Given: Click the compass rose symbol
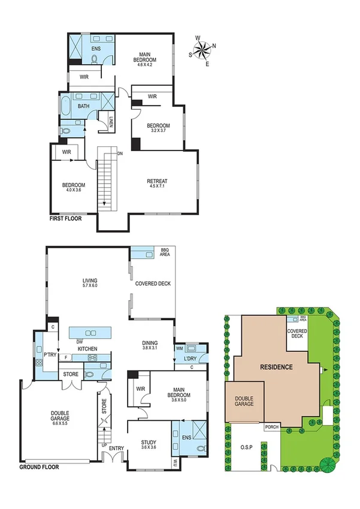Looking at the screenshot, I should click(x=204, y=49).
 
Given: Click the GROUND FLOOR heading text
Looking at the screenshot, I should click(x=39, y=466).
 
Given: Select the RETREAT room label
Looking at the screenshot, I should click(x=157, y=181).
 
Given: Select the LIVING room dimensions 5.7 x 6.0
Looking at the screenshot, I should click(x=90, y=286).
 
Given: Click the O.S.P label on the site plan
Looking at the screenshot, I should click(x=247, y=447).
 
